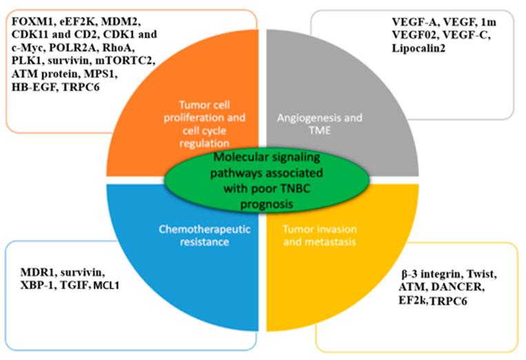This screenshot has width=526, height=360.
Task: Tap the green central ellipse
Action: coord(263,181)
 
